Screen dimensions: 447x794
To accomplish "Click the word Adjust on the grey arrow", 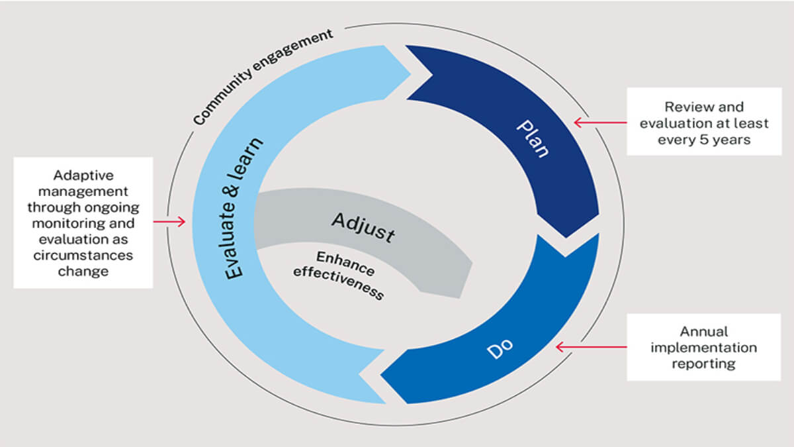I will (x=363, y=226).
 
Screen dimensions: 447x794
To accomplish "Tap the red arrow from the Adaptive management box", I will (x=169, y=222).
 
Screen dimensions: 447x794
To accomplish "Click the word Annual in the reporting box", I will (x=703, y=331).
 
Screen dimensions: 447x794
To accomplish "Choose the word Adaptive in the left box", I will (x=83, y=176).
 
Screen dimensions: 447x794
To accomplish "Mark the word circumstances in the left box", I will (x=83, y=255).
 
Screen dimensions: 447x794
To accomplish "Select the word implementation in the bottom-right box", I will (x=703, y=347).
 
